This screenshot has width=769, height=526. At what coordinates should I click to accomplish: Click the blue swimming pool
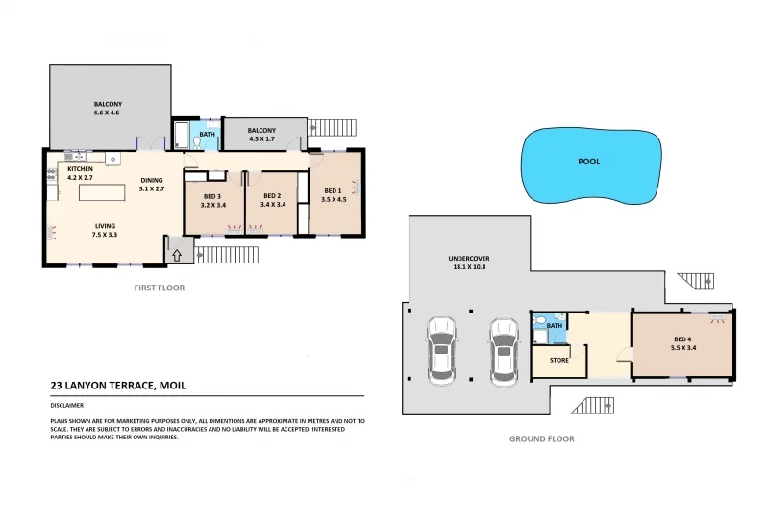(x=590, y=164)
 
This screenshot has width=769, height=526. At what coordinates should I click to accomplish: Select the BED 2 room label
(x=272, y=200)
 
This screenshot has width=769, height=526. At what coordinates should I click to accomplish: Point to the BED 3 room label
(x=212, y=200)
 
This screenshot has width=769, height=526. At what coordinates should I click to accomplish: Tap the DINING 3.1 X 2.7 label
(x=152, y=185)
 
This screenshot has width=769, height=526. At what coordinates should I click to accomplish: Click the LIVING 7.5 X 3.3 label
(x=105, y=231)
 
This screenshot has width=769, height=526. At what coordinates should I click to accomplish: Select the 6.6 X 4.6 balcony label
(x=108, y=109)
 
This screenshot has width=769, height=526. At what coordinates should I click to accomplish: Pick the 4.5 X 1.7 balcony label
(x=261, y=135)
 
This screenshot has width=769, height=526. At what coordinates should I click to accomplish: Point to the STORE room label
(x=559, y=361)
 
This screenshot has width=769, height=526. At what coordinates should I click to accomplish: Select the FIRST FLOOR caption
(x=159, y=288)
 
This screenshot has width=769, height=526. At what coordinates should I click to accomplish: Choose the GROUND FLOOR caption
(x=541, y=438)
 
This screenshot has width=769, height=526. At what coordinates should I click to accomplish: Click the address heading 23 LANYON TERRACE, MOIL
(x=117, y=386)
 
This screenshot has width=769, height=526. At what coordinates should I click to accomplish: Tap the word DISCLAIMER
(x=67, y=405)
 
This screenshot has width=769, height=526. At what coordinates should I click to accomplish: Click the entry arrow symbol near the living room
(x=177, y=255)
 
